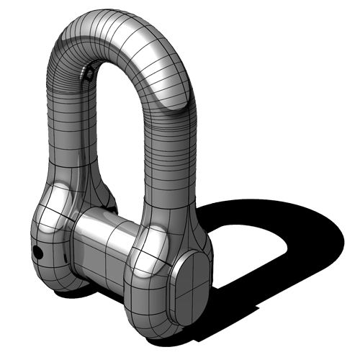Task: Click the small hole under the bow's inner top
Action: pos(87,73)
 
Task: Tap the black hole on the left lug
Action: pos(35,252)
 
